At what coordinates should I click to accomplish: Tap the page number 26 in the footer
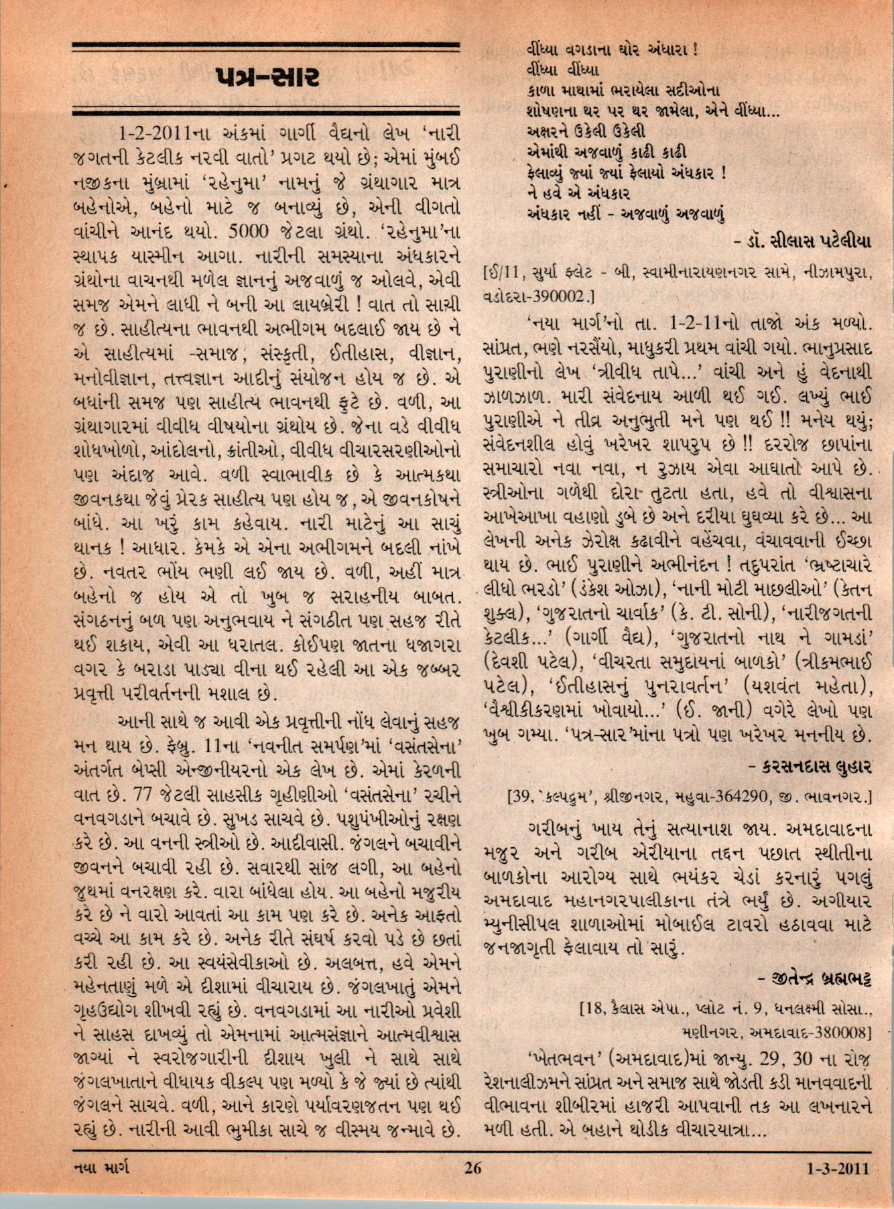point(472,1187)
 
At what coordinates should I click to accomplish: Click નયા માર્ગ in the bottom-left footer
point(100,1187)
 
